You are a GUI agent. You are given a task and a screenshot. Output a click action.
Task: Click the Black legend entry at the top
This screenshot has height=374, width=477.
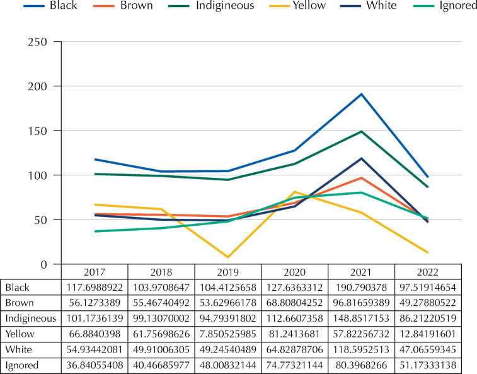50,6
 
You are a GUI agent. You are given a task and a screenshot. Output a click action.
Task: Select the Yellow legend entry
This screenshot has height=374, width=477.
297,6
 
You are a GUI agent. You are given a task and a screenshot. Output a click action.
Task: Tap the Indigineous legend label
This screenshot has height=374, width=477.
225,6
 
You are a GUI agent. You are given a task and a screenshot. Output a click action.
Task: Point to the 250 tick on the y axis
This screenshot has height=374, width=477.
37,42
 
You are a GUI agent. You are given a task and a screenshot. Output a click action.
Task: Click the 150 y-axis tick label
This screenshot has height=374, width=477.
37,131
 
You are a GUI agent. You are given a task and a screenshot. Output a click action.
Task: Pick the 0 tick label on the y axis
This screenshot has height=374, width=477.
44,264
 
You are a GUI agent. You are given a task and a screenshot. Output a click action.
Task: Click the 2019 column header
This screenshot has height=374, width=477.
228,272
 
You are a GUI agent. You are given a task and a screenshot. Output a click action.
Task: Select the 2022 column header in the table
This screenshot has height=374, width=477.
428,272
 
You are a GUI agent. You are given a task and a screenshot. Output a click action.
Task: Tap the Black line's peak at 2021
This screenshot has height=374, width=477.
361,94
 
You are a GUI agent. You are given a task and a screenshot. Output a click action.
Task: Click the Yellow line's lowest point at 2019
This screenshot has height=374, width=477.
228,257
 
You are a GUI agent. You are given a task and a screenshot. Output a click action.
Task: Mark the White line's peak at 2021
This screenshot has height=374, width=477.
361,158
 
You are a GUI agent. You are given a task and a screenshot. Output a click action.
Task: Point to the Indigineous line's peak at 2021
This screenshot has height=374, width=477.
361,132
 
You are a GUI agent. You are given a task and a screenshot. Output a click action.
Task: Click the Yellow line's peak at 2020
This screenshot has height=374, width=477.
294,192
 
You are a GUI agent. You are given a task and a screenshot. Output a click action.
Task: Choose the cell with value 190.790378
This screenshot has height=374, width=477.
361,288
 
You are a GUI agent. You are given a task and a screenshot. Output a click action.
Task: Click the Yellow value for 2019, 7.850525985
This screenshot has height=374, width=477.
228,334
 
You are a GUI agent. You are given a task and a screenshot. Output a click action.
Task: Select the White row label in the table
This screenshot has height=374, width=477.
18,349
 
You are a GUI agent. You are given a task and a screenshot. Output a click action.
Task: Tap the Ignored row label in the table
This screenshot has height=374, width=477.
22,365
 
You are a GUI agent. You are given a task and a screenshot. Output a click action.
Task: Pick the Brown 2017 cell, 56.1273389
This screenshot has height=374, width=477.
95,303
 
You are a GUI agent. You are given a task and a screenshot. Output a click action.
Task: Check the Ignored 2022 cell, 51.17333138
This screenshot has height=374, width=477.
428,365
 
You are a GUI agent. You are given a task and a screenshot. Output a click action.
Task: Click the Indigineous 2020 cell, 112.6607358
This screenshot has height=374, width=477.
294,318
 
